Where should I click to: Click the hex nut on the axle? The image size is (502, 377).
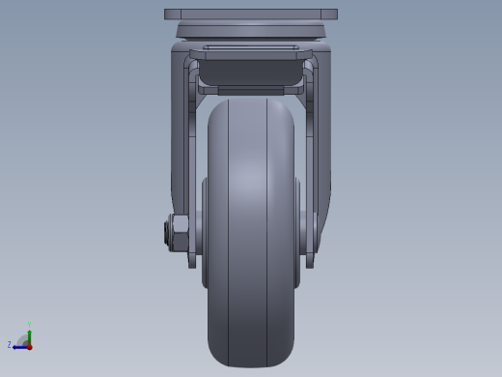tap(180, 233)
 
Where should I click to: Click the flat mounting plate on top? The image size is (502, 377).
tap(251, 15)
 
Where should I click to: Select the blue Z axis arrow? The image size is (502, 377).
tap(19, 346)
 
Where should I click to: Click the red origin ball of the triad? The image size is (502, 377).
tap(29, 346)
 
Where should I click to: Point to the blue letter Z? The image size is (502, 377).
tap(10, 344)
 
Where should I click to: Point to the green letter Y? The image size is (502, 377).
tap(29, 324)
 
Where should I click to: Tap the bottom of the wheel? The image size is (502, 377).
tap(251, 362)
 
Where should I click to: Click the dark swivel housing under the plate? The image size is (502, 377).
tap(251, 72)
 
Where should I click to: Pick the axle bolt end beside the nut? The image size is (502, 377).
tap(167, 233)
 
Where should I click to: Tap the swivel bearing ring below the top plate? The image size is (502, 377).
tap(251, 31)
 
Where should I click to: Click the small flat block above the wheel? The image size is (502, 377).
tap(251, 91)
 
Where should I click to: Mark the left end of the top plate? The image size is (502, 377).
tap(168, 15)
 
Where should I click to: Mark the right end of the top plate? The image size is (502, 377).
tap(334, 15)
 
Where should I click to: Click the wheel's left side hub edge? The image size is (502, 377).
tap(205, 232)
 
